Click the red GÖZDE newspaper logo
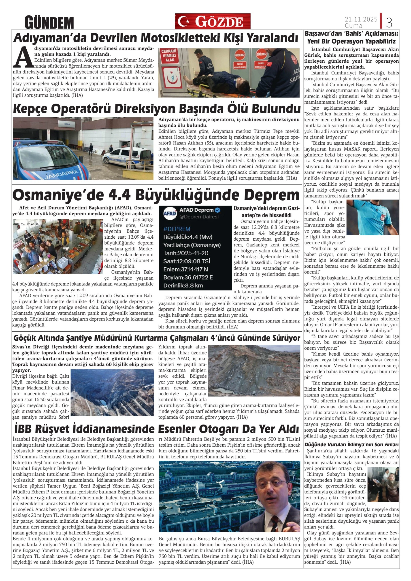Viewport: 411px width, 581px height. [212, 21]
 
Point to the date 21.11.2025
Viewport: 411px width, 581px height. [361, 19]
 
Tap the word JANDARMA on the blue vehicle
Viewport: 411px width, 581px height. [62, 174]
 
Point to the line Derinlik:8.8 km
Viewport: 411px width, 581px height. [183, 286]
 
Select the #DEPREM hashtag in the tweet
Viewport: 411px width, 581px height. [177, 229]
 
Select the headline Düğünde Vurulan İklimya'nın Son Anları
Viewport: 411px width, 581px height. [351, 445]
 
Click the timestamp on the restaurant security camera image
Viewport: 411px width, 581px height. [26, 224]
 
